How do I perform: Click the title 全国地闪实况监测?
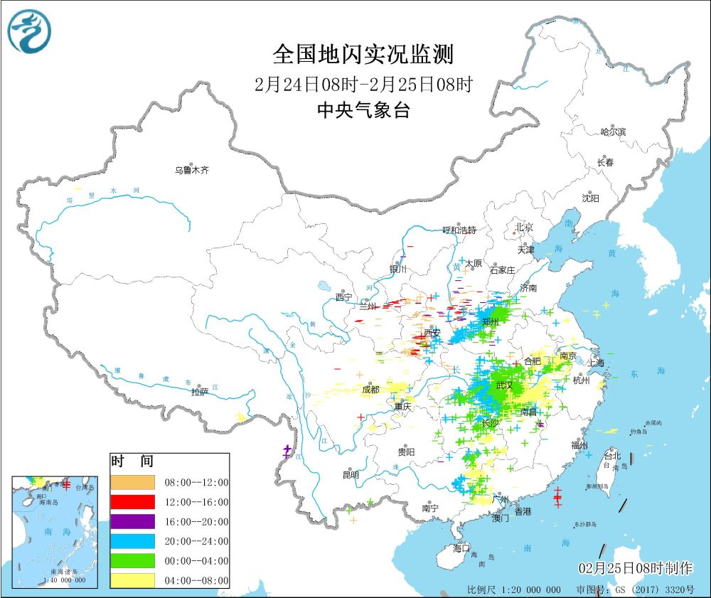pyautogui.click(x=363, y=55)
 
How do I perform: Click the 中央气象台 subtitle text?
pyautogui.click(x=363, y=110)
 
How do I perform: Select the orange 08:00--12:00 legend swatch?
pyautogui.click(x=132, y=481)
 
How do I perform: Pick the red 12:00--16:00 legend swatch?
pyautogui.click(x=132, y=501)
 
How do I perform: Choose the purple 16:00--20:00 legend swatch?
pyautogui.click(x=132, y=521)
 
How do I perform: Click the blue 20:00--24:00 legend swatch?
pyautogui.click(x=132, y=541)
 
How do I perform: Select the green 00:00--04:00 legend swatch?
pyautogui.click(x=132, y=561)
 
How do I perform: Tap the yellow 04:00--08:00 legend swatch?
pyautogui.click(x=132, y=580)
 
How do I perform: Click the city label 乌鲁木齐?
pyautogui.click(x=192, y=170)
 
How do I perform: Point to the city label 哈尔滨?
pyautogui.click(x=613, y=132)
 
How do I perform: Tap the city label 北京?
pyautogui.click(x=523, y=227)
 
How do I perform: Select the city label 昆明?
pyautogui.click(x=351, y=474)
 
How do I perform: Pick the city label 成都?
pyautogui.click(x=370, y=389)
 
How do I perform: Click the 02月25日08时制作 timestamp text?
pyautogui.click(x=635, y=567)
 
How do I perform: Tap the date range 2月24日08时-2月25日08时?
pyautogui.click(x=363, y=85)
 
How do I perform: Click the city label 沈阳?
pyautogui.click(x=590, y=198)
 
